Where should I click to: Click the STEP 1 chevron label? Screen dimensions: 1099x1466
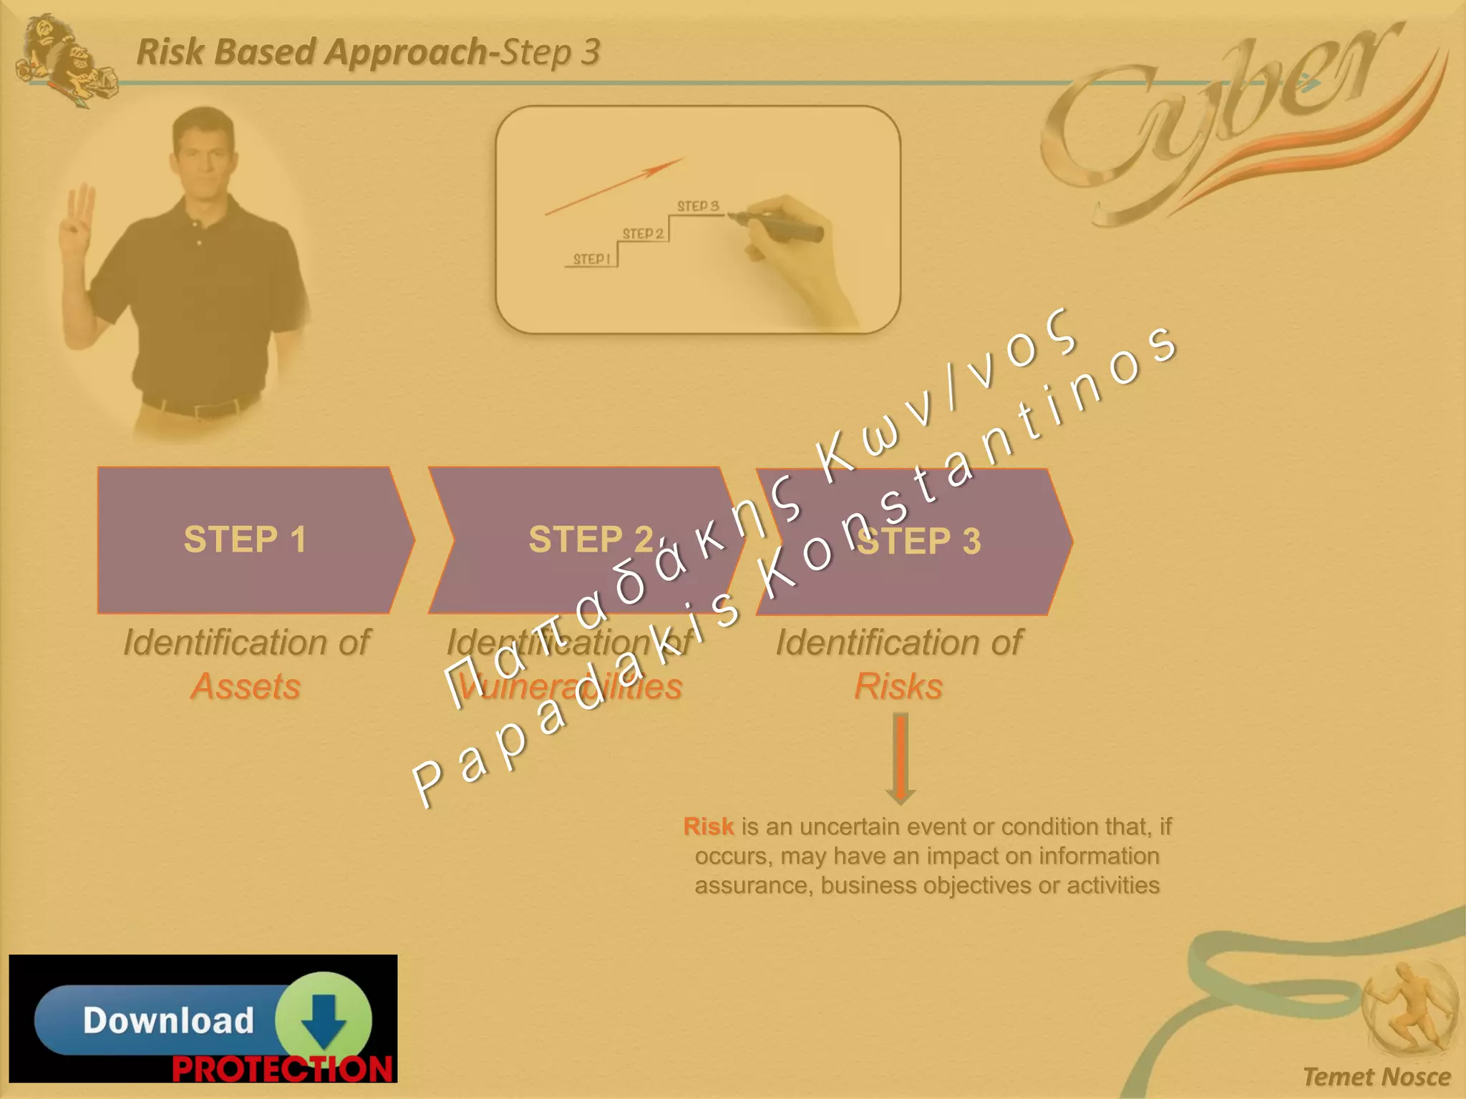pos(245,539)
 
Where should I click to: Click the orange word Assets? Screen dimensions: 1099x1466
pos(246,686)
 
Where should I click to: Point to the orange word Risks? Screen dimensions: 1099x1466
pos(898,686)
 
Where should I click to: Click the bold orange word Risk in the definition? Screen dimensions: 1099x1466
pos(708,826)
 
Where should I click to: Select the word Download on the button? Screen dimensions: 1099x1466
pos(168,1020)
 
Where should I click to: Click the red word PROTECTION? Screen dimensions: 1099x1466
pos(282,1069)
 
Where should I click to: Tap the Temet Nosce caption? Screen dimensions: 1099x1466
pos(1376,1077)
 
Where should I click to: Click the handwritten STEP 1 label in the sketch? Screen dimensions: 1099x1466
pos(591,259)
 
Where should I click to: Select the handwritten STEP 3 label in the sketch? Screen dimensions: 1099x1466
pos(697,206)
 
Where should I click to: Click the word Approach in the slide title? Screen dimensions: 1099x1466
pos(406,52)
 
